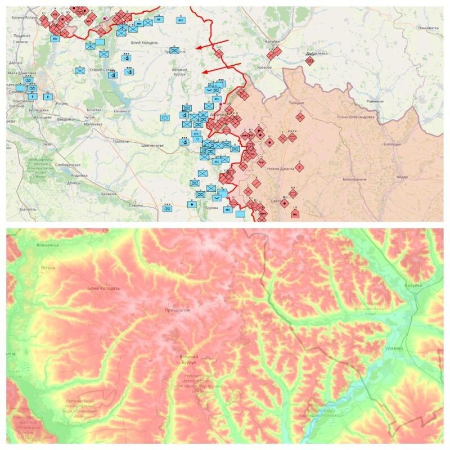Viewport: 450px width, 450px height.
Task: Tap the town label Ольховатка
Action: pyautogui.click(x=424, y=28)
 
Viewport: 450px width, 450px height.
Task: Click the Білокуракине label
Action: pyautogui.click(x=354, y=179)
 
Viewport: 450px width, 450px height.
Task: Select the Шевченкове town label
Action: pyautogui.click(x=152, y=146)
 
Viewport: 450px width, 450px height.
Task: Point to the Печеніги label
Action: pyautogui.click(x=121, y=111)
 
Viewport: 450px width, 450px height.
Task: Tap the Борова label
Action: pyautogui.click(x=213, y=208)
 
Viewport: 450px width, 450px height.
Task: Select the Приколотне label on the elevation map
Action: pyautogui.click(x=178, y=310)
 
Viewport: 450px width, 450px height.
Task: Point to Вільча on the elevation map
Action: pyautogui.click(x=48, y=267)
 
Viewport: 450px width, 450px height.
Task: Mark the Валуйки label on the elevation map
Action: pyautogui.click(x=412, y=286)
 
